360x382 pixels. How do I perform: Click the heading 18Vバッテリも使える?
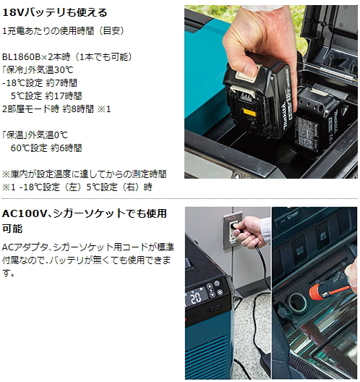pyautogui.click(x=55, y=12)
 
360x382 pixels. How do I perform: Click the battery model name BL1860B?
pyautogui.click(x=24, y=56)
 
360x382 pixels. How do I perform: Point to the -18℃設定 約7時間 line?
pyautogui.click(x=43, y=82)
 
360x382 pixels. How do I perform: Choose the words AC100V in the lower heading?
pyautogui.click(x=27, y=214)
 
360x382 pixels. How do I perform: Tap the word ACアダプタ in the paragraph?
pyautogui.click(x=24, y=248)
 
